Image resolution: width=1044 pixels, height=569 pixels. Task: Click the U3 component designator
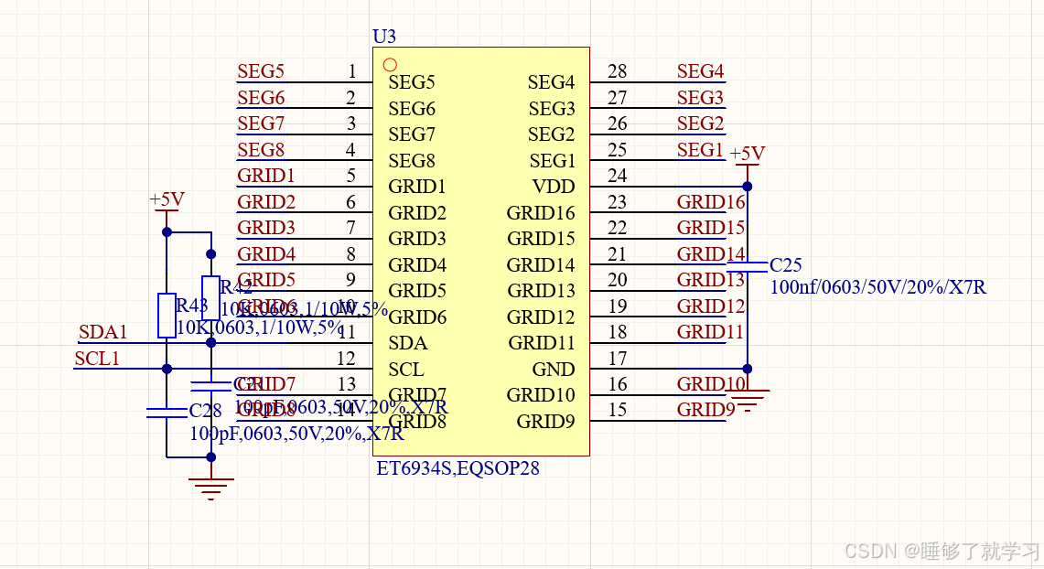coord(384,37)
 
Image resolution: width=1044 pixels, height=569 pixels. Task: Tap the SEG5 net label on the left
coord(261,71)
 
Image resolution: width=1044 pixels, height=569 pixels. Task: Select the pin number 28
coord(618,71)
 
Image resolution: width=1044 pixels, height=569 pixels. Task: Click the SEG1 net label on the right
coord(700,149)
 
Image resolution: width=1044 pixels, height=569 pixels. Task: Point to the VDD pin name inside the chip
coord(554,187)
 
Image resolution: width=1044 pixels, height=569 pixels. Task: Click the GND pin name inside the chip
coord(554,370)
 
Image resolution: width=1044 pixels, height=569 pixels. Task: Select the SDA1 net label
coord(103,332)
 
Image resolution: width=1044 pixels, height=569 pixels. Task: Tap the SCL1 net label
coord(97,359)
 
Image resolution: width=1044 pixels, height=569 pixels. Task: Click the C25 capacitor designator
coord(785,265)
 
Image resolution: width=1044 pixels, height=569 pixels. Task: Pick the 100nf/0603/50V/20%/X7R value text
coord(877,287)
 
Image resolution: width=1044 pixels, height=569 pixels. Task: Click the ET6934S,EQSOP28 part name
coord(457,468)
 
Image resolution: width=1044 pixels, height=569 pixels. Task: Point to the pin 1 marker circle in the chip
coord(390,65)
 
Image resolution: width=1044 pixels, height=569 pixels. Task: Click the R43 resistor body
coord(167,315)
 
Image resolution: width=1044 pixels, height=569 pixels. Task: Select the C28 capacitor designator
coord(205,410)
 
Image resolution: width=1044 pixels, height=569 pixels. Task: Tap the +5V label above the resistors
coord(167,199)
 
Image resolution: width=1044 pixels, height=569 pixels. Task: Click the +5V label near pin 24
coord(747,153)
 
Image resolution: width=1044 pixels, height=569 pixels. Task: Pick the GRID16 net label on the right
coord(711,202)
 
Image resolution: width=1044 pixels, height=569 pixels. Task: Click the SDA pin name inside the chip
coord(407,343)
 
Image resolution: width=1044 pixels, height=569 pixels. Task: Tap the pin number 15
coord(618,410)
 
